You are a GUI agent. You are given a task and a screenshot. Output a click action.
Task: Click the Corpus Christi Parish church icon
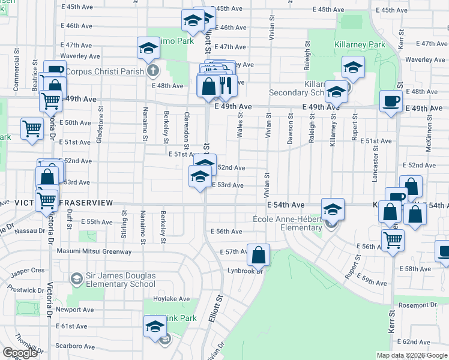tap(153, 71)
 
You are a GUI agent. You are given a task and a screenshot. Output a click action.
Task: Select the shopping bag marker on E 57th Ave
tap(258, 255)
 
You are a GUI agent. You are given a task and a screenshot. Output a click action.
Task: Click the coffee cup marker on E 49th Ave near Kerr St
tap(391, 101)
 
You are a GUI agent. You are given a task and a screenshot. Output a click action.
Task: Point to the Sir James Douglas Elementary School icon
tap(76, 278)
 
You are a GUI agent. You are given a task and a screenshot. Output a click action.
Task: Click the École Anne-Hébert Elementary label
tap(288, 223)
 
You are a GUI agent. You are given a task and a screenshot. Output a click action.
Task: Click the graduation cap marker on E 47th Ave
tap(148, 49)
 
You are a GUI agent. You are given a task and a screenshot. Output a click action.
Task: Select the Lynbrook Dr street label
tap(247, 271)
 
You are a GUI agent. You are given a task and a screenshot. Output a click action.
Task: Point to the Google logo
tap(20, 353)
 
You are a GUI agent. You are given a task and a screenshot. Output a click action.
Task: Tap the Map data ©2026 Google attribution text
tap(411, 355)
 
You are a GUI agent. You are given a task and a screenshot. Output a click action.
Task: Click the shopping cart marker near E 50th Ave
tap(32, 129)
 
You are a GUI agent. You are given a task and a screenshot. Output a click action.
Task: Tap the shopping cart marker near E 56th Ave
tap(393, 239)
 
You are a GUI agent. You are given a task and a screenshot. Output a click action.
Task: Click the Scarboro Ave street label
tap(75, 347)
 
